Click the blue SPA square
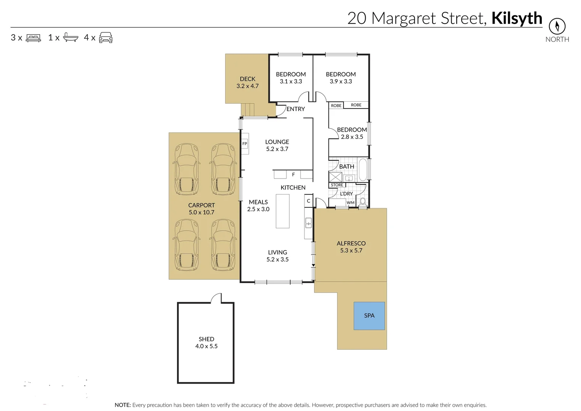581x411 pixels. point(369,315)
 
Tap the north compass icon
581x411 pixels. point(557,26)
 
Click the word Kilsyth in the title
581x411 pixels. point(516,18)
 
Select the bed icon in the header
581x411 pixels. point(33,38)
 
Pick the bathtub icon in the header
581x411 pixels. point(70,37)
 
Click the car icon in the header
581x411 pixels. point(106,37)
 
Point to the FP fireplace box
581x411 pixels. point(245,144)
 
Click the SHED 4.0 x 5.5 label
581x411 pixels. point(206,342)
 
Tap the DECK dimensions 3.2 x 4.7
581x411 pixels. point(247,86)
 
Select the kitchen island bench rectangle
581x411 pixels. point(282,211)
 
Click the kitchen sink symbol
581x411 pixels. point(309,223)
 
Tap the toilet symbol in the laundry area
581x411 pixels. point(363,201)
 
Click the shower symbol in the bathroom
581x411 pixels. point(336,177)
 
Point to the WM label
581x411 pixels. point(350,202)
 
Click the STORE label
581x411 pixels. point(337,185)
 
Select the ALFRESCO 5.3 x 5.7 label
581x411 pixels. point(351,247)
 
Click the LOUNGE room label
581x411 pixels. point(277,142)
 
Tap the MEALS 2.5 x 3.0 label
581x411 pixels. point(258,205)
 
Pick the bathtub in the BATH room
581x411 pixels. point(363,170)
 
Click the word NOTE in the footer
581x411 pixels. point(123,405)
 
